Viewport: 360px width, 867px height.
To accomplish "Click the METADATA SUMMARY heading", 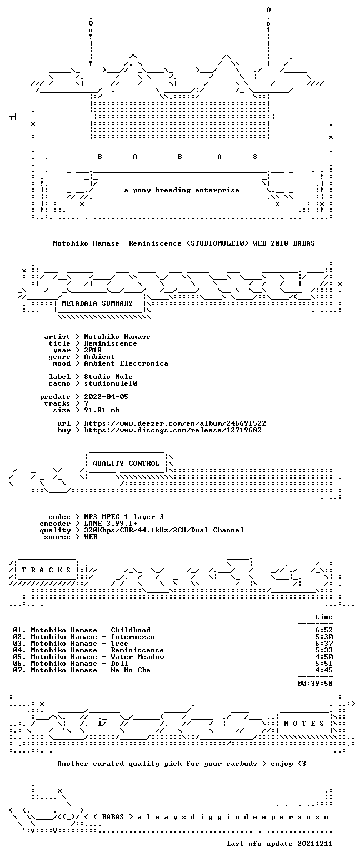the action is point(97,303).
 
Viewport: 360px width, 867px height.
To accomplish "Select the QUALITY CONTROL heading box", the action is point(126,463).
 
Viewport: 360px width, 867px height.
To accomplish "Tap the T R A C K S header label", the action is point(47,570).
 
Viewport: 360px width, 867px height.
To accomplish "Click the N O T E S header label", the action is point(304,724).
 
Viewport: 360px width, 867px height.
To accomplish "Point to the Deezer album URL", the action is point(175,423).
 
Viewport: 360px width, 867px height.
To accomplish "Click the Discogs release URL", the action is point(173,430).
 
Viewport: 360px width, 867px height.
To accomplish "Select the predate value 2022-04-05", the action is point(106,397).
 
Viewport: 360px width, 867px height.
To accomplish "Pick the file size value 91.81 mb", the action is point(102,410).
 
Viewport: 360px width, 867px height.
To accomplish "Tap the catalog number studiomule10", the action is point(111,383).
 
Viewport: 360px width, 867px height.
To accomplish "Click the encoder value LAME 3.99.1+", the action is point(111,524).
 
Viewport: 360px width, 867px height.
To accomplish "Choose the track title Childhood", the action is point(131,630).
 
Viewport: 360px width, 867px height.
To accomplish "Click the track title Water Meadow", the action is point(137,657).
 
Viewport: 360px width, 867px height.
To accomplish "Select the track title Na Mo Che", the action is point(131,670).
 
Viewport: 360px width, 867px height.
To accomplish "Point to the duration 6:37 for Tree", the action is point(324,643).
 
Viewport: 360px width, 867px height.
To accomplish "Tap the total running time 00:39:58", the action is point(315,684).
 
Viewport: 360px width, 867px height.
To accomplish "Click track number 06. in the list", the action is point(19,664).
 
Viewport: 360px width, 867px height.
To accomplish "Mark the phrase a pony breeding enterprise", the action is point(182,190).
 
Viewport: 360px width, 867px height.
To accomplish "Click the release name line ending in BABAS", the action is point(184,243).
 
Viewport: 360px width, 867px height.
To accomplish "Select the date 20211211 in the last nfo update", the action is point(315,844).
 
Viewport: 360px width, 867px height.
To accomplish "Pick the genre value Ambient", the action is point(99,357).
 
